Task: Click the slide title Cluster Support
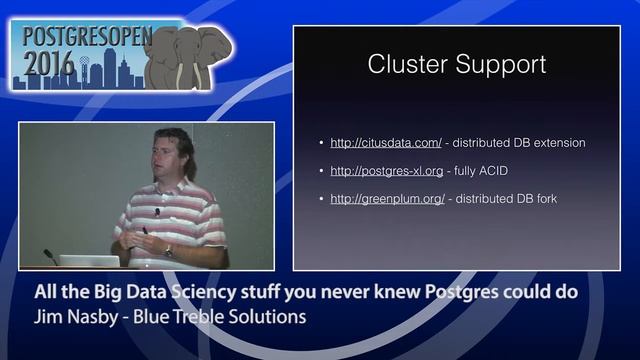coord(456,66)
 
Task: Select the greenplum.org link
coord(388,199)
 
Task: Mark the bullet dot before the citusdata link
coord(319,143)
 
